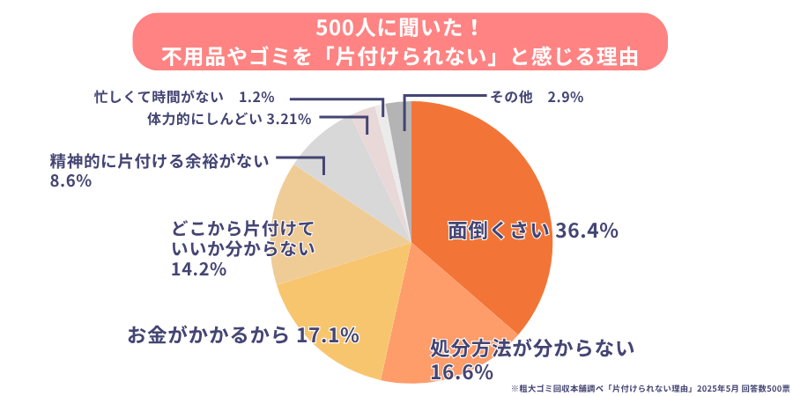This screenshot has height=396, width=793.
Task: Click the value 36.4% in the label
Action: coord(586,231)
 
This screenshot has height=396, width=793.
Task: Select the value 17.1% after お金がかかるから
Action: coord(328,335)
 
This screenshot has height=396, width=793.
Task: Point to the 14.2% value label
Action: coord(198,268)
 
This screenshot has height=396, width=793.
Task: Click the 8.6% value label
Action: coord(71,180)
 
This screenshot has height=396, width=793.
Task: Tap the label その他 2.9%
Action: coord(536,97)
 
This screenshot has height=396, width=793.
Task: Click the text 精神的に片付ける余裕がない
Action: coord(159,161)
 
